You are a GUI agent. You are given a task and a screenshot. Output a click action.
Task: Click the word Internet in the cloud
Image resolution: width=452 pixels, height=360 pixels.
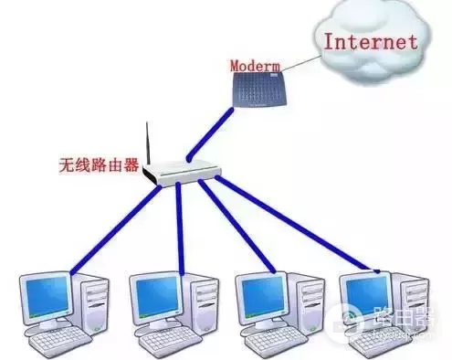click(x=371, y=41)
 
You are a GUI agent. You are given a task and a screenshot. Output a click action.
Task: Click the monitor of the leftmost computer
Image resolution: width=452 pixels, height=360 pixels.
click(x=45, y=298)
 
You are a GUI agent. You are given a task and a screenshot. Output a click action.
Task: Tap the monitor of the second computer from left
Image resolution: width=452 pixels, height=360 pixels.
click(x=153, y=298)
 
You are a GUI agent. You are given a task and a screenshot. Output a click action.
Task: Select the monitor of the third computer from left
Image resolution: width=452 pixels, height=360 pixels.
click(x=259, y=298)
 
